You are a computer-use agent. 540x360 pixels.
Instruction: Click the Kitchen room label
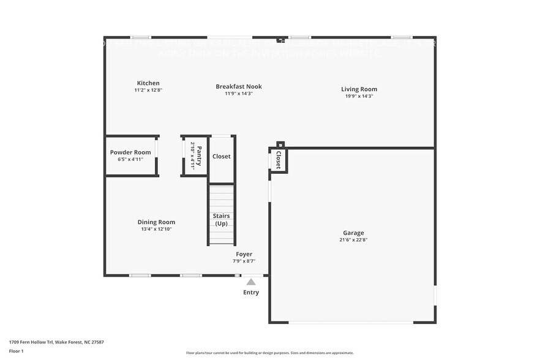148,83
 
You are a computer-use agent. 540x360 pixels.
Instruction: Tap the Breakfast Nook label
239,86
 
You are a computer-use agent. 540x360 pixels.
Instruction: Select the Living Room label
359,89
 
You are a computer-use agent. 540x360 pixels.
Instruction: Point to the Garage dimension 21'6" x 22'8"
353,240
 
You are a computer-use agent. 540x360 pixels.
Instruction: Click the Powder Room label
130,152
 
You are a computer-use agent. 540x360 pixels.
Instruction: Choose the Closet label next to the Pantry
221,156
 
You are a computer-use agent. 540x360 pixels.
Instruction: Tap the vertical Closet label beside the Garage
278,160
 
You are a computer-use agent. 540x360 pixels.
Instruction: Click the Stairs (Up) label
221,220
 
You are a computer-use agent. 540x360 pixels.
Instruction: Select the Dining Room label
156,222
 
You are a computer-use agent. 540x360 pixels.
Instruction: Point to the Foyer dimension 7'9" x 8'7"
244,261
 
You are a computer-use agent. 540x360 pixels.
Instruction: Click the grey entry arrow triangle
250,282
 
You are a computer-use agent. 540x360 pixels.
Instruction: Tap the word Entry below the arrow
251,292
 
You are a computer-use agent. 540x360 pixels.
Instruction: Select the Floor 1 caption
16,351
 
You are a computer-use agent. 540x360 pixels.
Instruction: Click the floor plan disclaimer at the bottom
269,353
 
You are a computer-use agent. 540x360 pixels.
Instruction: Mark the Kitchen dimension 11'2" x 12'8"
148,90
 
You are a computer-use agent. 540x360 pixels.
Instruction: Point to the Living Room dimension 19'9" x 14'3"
359,96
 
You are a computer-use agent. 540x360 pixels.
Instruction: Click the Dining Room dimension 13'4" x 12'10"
156,229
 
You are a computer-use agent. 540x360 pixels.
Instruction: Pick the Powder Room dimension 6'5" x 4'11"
130,159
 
